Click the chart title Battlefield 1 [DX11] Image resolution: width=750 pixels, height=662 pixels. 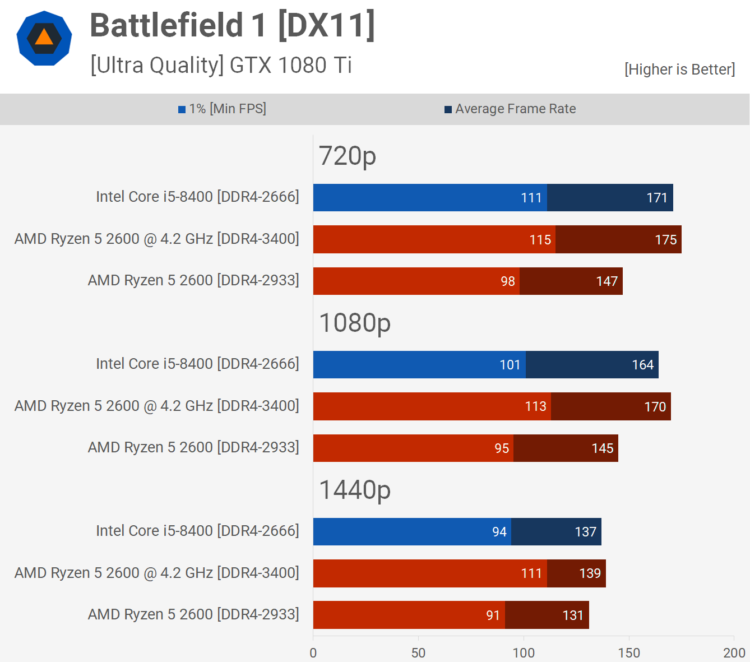pos(232,26)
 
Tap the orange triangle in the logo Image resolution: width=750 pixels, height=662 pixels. pos(44,38)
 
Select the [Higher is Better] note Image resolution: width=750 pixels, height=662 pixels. pos(679,69)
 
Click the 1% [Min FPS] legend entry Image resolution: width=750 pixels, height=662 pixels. pos(223,109)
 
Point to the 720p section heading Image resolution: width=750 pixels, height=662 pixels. pos(347,156)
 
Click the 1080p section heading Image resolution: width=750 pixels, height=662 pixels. pos(354,323)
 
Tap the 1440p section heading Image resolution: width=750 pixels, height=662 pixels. pos(354,490)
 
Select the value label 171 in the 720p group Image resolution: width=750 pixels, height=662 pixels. pos(656,198)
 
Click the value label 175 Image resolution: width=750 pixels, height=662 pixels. pos(665,240)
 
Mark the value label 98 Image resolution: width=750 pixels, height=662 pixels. pos(507,281)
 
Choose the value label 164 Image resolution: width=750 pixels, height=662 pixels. pos(642,365)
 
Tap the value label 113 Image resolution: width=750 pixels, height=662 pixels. pos(535,406)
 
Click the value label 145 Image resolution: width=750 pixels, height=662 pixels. pos(602,448)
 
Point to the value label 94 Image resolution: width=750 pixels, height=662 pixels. pos(499,532)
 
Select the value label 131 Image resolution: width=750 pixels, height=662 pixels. pos(573,615)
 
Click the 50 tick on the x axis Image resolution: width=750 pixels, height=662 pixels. pos(418,652)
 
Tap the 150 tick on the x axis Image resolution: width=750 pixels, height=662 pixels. pos(629,652)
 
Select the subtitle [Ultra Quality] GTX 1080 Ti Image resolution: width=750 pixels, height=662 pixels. pos(221,65)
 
